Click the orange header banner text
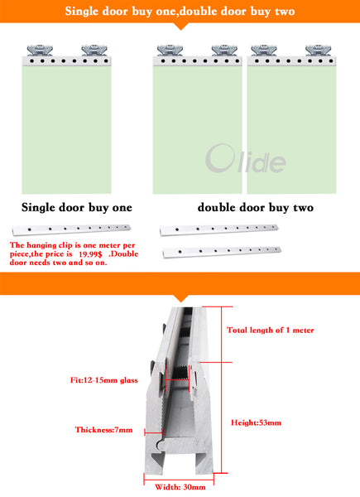pos(180,12)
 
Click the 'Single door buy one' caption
pos(75,207)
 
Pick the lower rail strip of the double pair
pos(221,249)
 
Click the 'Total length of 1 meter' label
pos(271,330)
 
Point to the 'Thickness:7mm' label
pos(103,430)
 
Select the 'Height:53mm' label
pos(256,422)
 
